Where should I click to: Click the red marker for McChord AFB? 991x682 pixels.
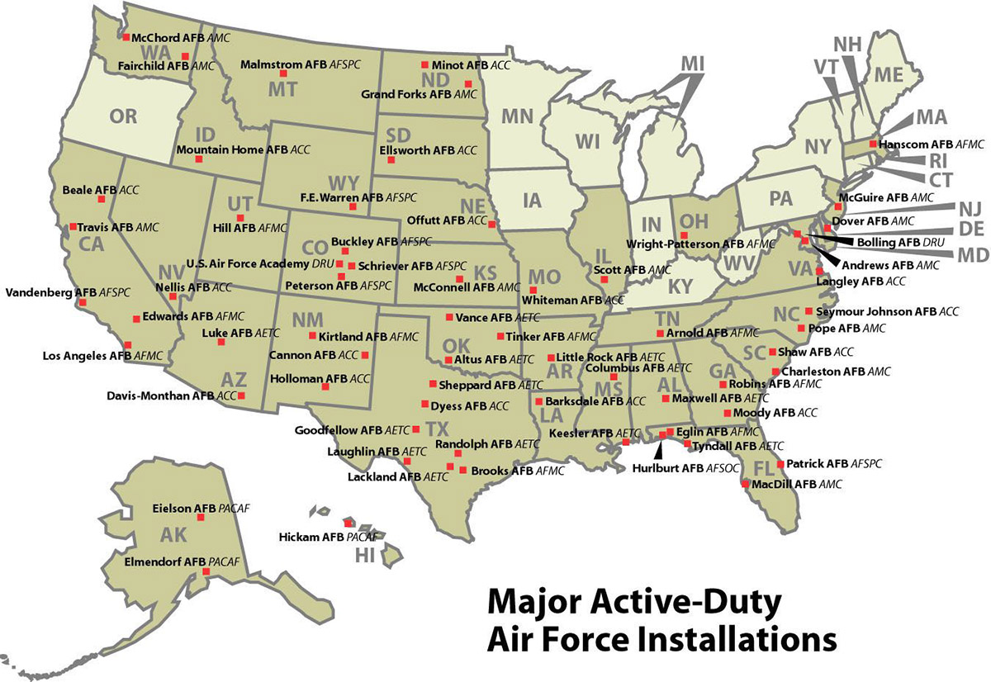[126, 37]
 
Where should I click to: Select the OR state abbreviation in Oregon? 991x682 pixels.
[123, 116]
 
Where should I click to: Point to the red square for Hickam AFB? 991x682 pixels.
[349, 523]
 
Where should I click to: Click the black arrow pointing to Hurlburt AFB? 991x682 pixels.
[658, 450]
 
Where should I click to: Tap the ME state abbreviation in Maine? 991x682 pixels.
[889, 74]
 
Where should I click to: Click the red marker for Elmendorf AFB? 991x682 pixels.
[212, 561]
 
